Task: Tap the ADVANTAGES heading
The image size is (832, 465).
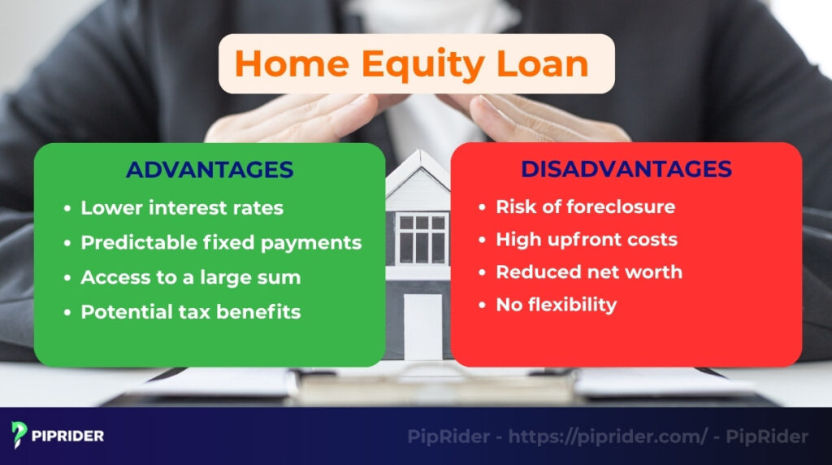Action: (210, 170)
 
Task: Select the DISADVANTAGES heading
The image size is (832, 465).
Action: (626, 169)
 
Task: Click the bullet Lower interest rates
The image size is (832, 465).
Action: (182, 208)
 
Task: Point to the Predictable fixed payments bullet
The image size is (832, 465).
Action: (221, 242)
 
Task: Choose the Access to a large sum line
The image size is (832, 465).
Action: (191, 277)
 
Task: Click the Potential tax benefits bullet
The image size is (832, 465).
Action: (191, 312)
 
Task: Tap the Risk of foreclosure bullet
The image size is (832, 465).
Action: (585, 206)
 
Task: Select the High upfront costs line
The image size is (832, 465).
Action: (587, 240)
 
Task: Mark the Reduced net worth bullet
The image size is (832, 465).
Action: (589, 272)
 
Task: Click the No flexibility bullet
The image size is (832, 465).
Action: (557, 305)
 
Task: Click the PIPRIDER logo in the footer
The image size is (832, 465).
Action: (58, 436)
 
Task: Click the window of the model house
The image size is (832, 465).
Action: (422, 239)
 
